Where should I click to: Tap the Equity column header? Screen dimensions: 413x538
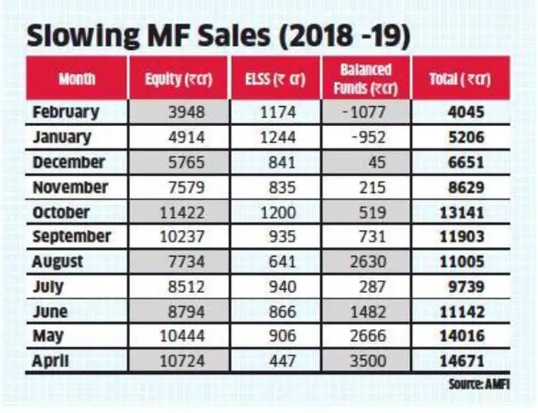[178, 78]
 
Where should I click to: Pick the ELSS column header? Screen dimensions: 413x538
[274, 78]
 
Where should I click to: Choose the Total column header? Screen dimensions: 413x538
[460, 78]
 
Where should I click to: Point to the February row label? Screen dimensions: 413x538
[65, 112]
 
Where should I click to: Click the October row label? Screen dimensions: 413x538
[61, 212]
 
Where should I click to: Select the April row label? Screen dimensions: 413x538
[51, 361]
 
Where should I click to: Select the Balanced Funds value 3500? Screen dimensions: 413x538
[371, 361]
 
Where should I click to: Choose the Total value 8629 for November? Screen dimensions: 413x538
[465, 188]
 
